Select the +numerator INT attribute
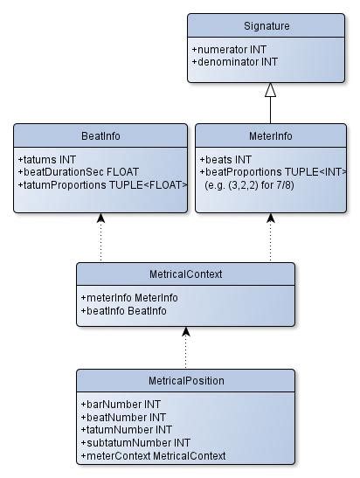tap(230, 51)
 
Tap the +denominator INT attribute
tap(235, 63)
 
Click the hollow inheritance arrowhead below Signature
tap(270, 90)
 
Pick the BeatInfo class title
tap(100, 136)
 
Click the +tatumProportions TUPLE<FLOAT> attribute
tap(102, 184)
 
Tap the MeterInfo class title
tap(270, 136)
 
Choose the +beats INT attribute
tap(226, 161)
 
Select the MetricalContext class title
tap(185, 274)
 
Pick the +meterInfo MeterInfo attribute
tap(128, 298)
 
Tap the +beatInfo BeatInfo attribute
tap(123, 310)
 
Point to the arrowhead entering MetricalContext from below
tap(185, 332)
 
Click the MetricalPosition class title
tap(185, 381)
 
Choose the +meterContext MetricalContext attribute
tap(152, 455)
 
